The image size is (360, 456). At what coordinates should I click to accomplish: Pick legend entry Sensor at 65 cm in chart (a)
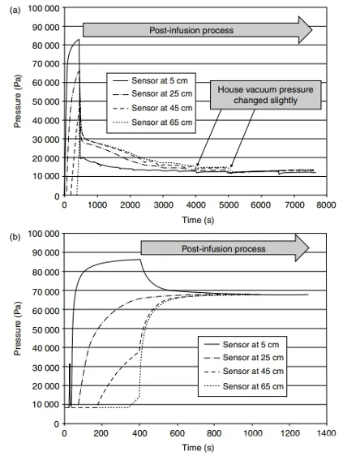pyautogui.click(x=156, y=123)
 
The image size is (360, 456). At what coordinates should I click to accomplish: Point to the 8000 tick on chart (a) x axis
pyautogui.click(x=324, y=206)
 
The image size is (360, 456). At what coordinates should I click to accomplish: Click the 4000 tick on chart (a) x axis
pyautogui.click(x=195, y=206)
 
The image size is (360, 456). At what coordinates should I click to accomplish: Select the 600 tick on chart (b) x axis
pyautogui.click(x=176, y=434)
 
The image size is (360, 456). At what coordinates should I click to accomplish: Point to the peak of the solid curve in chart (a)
pyautogui.click(x=78, y=40)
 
